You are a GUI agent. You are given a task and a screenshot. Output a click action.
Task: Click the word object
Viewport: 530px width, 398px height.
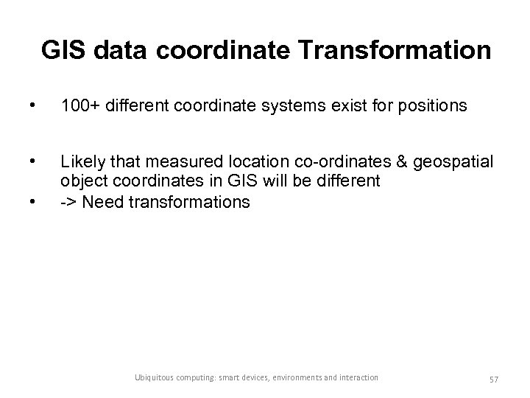tap(84, 181)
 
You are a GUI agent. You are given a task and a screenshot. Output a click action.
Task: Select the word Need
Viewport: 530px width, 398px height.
tap(103, 201)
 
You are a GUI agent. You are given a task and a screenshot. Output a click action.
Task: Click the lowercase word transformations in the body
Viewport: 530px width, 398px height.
tap(188, 201)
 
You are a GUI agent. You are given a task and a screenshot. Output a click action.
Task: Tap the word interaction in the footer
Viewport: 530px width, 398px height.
tap(359, 378)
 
